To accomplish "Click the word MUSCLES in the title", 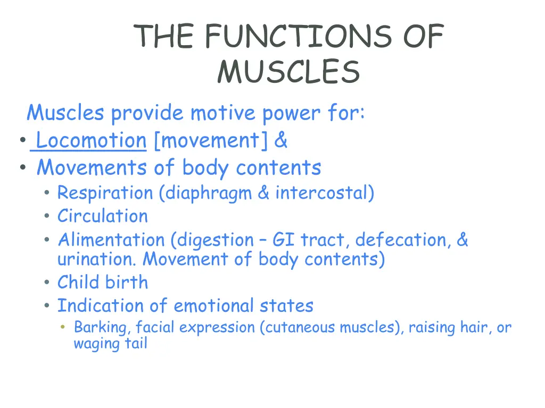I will (288, 72).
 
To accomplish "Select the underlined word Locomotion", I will (91, 141).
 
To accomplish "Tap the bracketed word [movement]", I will (211, 141).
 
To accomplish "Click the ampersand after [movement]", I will (282, 141).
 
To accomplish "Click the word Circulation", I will (102, 216).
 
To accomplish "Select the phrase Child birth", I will (102, 282).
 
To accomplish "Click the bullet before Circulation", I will (48, 217).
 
